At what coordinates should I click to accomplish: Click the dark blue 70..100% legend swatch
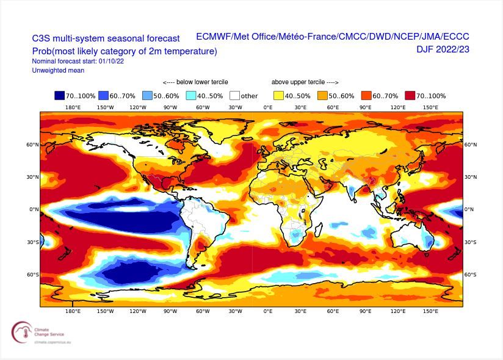click(x=60, y=96)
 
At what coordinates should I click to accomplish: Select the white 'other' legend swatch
click(x=235, y=96)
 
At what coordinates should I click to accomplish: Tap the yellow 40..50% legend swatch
click(x=278, y=96)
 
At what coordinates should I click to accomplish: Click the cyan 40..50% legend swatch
click(x=192, y=96)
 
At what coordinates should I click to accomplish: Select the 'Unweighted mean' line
click(x=58, y=71)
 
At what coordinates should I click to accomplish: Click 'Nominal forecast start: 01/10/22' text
click(x=78, y=62)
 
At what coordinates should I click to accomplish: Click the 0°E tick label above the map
click(x=267, y=107)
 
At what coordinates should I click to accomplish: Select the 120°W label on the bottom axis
click(x=137, y=311)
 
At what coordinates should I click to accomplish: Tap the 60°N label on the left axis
click(x=33, y=145)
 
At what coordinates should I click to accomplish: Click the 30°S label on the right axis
click(x=471, y=242)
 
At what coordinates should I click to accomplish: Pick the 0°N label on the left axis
click(x=34, y=209)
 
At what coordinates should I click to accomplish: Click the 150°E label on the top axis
click(x=430, y=107)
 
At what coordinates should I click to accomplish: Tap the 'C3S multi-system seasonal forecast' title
click(x=106, y=38)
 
